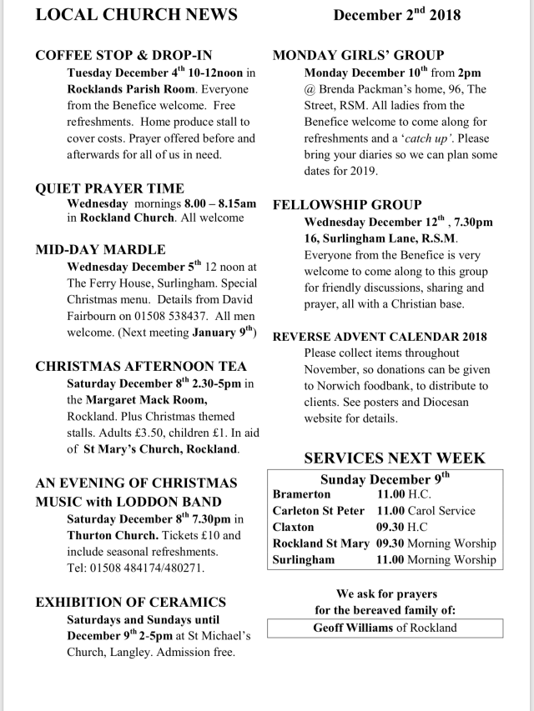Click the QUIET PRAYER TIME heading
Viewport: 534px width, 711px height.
coord(109,188)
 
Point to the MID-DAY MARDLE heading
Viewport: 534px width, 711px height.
coord(100,249)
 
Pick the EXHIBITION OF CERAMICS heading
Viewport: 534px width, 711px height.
coord(131,602)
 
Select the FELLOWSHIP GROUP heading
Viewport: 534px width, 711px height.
coord(347,205)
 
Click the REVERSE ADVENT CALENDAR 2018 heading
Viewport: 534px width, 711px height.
coord(380,337)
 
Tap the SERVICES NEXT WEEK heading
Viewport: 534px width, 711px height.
coord(394,458)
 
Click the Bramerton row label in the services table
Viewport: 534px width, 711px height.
coord(300,494)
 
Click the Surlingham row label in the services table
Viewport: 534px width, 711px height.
coord(304,560)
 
